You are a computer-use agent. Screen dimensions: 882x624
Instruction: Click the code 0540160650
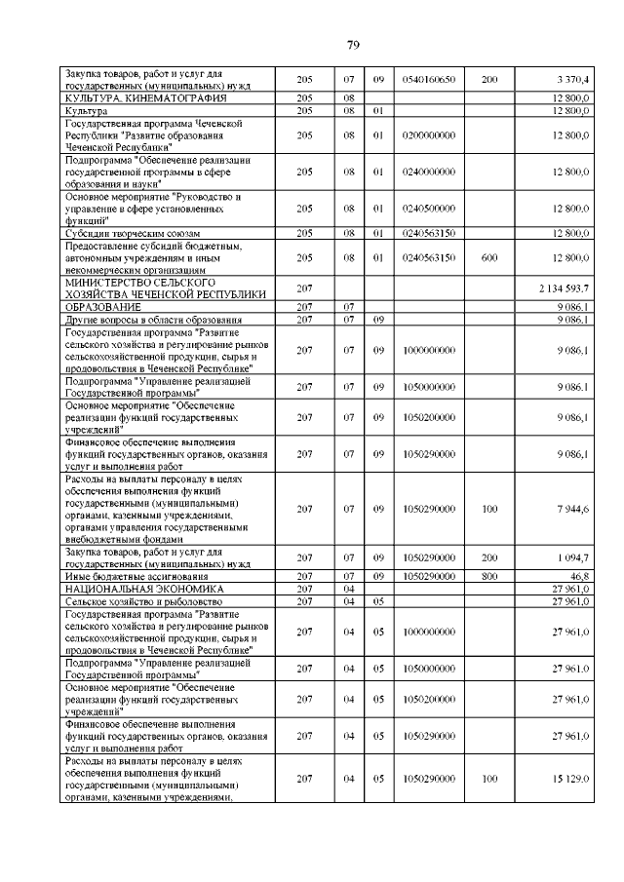coord(429,79)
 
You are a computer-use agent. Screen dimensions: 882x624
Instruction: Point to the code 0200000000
coord(429,134)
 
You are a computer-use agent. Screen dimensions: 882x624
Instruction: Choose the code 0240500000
coord(429,209)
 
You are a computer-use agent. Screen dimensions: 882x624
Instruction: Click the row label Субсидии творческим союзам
coord(133,234)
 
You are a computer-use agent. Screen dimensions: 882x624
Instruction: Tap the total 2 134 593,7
coord(564,289)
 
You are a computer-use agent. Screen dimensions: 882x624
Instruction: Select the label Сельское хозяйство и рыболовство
coord(142,602)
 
